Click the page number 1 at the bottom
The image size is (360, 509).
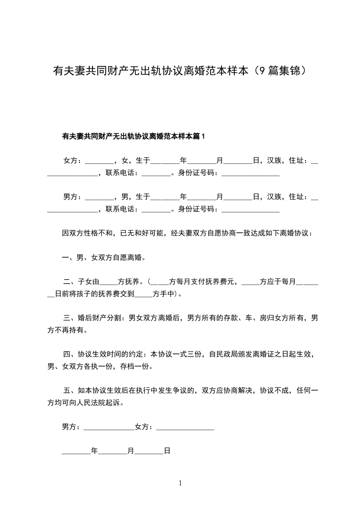point(180,483)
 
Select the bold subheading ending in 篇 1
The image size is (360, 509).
point(133,136)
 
